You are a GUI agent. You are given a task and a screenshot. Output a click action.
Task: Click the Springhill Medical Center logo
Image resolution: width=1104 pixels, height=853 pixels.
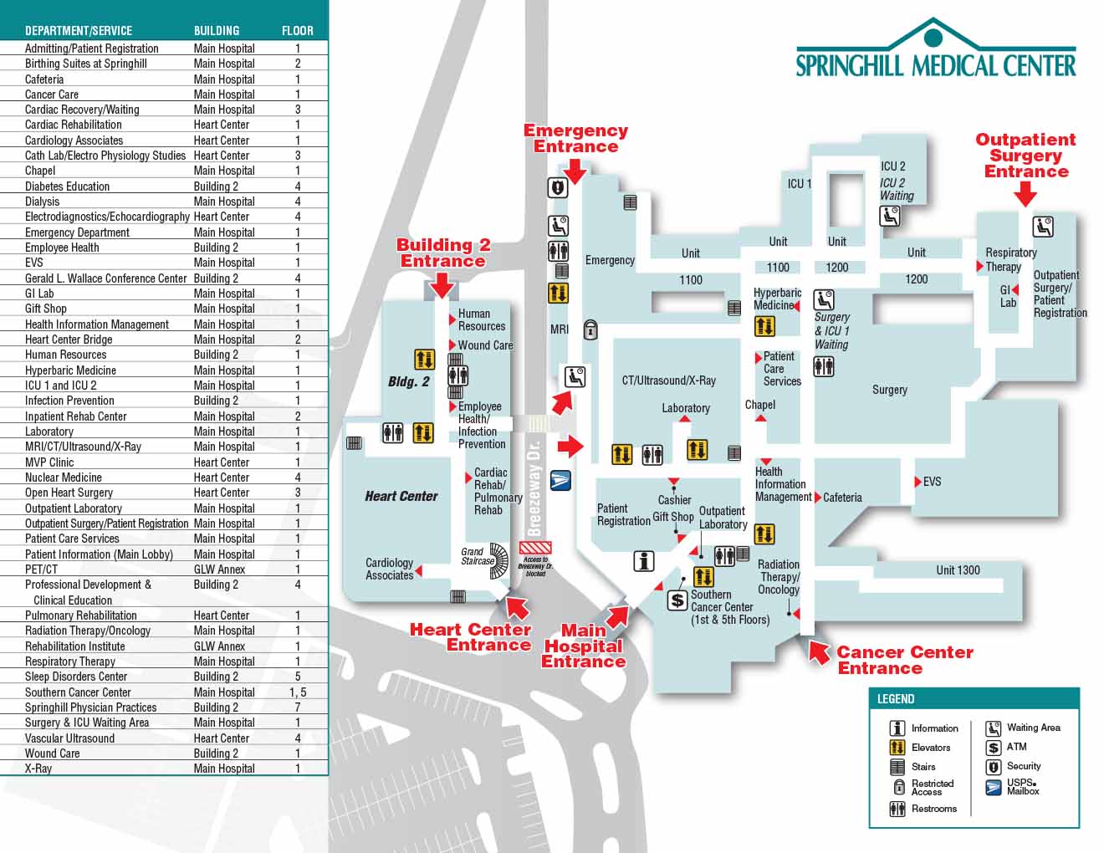(x=935, y=50)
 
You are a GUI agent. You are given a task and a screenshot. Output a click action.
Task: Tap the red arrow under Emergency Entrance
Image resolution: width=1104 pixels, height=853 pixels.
(x=575, y=168)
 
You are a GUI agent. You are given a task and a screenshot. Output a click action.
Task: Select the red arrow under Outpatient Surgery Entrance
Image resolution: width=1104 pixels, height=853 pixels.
(x=1025, y=194)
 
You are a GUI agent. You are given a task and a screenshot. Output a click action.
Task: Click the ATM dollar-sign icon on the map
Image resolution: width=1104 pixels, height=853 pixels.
(x=677, y=600)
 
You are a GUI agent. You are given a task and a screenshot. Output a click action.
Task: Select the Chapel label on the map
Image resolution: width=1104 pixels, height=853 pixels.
(x=759, y=405)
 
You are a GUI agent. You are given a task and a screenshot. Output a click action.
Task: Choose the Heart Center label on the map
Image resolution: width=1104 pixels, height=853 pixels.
(x=401, y=496)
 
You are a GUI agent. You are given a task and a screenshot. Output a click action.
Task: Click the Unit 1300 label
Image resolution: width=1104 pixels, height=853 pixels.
(x=958, y=570)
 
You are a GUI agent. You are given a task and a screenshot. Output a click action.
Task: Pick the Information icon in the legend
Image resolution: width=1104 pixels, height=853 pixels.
(x=897, y=728)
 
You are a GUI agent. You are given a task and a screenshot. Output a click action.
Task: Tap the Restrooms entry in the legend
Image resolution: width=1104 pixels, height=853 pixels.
(x=933, y=809)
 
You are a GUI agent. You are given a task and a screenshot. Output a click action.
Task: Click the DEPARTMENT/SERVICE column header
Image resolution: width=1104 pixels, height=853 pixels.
(x=79, y=30)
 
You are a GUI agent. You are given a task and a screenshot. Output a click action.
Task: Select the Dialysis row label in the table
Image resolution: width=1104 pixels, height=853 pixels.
(x=43, y=202)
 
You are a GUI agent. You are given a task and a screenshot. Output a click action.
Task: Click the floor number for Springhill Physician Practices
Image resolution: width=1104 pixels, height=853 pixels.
(x=298, y=707)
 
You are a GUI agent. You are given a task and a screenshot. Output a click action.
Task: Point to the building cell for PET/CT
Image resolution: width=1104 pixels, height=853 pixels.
(x=219, y=570)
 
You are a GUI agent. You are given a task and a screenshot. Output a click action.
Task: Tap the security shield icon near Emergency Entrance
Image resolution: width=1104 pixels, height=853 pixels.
(x=558, y=187)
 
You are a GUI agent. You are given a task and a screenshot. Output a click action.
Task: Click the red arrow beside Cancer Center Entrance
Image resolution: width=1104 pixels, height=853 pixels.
(x=817, y=651)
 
